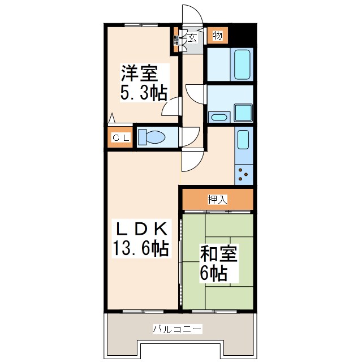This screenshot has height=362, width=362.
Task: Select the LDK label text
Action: coord(141,229)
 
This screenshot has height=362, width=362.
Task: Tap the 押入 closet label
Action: coord(217,199)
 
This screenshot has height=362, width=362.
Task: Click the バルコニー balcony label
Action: coord(178,329)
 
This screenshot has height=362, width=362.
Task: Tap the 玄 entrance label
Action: coord(193,38)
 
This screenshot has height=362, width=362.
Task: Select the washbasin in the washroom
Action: coord(218,118)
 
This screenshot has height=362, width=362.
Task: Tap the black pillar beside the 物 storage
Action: coord(242,36)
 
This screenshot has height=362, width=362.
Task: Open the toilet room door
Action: coord(189,137)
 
